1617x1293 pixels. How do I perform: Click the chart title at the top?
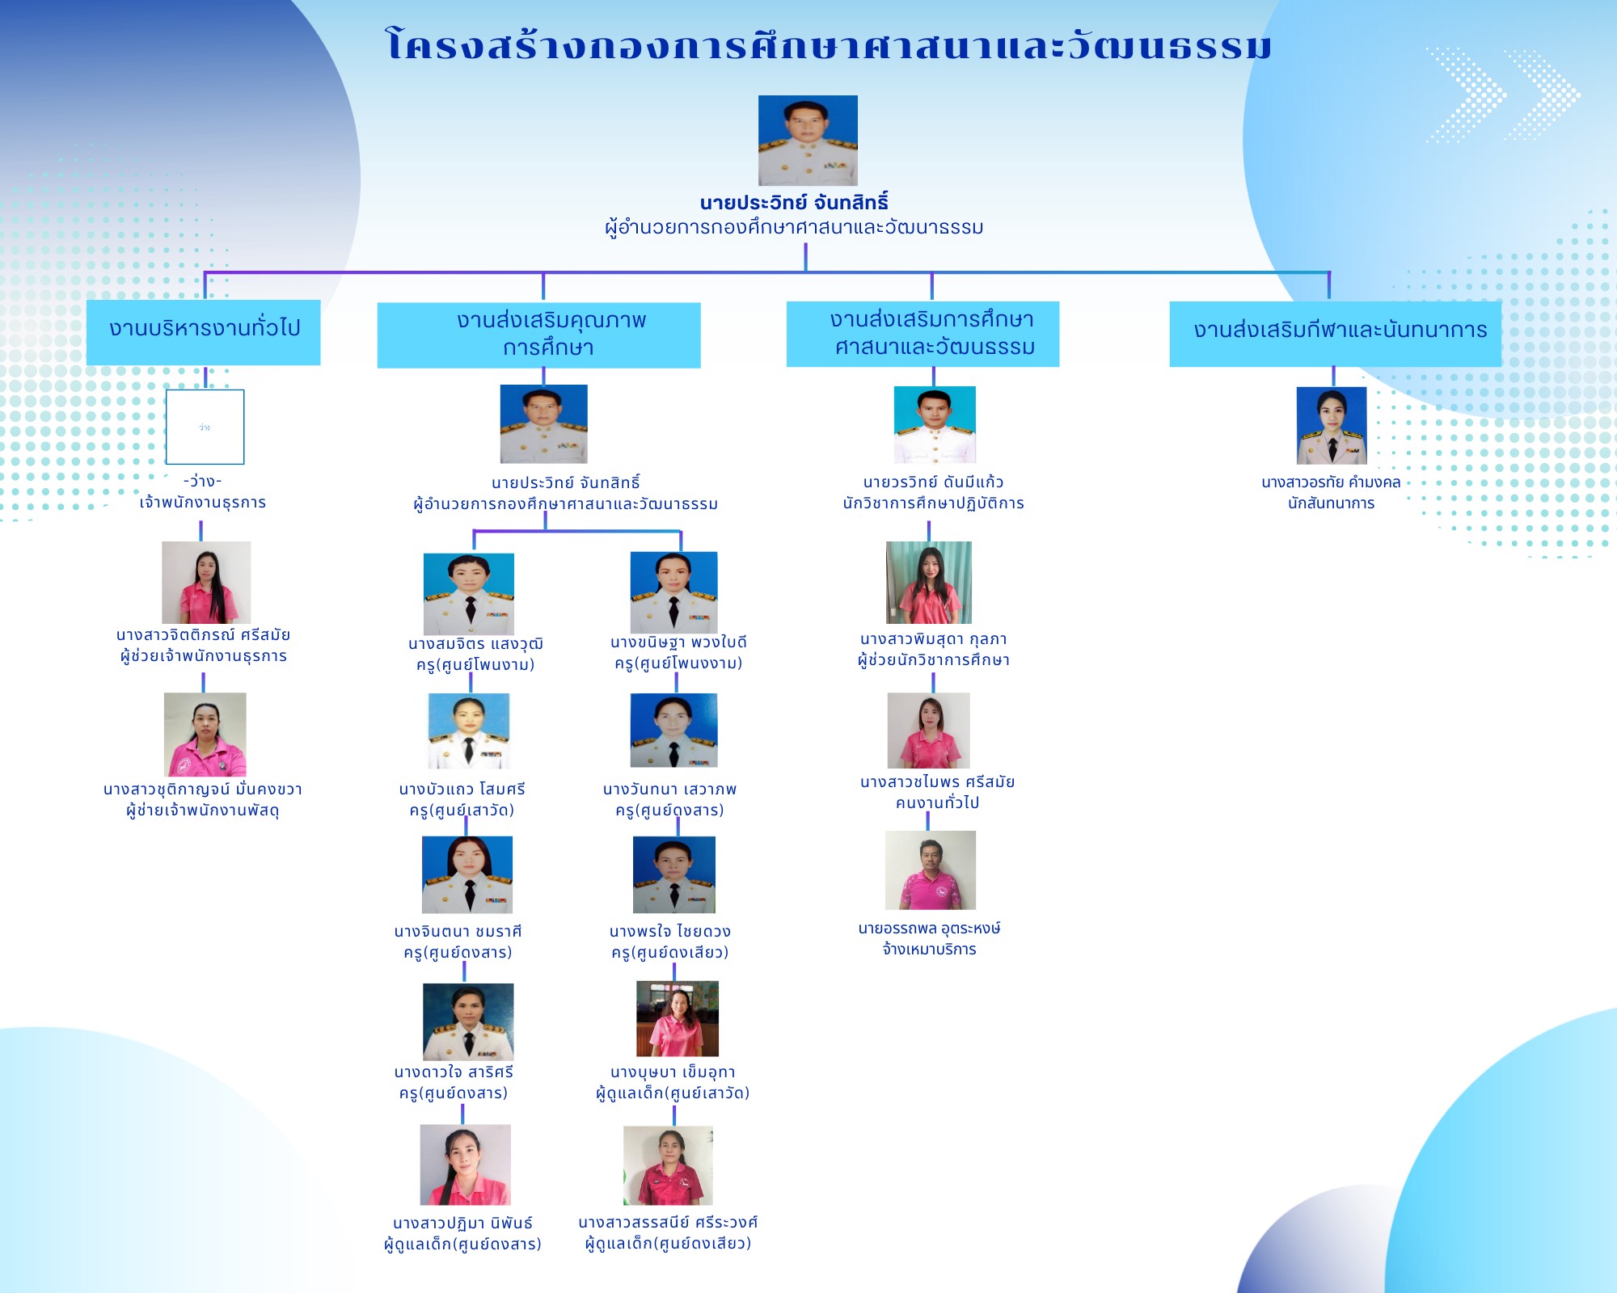pos(829,44)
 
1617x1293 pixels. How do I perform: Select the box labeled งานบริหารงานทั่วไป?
pos(204,332)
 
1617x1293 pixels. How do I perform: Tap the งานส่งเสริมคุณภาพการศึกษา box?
pos(539,335)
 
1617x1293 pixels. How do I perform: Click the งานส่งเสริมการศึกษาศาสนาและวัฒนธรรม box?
pos(923,334)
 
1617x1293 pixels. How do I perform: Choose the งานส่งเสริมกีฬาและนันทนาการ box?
pos(1336,334)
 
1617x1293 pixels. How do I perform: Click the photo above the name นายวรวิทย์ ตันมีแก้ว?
pos(935,424)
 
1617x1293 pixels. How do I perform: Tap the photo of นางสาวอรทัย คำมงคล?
pos(1332,425)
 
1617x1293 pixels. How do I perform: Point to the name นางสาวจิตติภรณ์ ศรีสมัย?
pos(203,635)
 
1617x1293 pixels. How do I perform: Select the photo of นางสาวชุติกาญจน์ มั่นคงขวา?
pos(205,735)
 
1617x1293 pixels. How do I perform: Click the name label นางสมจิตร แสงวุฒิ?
pos(475,644)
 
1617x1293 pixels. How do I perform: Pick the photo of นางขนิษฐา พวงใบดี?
pos(674,592)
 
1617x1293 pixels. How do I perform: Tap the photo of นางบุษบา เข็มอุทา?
pos(678,1019)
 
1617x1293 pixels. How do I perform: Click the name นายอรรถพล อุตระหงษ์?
pos(930,929)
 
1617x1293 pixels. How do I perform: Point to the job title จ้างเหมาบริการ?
pos(930,950)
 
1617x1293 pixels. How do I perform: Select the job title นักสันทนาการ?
pos(1332,503)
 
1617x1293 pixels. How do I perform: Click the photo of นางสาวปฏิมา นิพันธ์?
pos(466,1165)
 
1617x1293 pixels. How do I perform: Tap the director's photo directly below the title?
pos(808,141)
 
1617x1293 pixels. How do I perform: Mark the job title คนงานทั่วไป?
pos(937,802)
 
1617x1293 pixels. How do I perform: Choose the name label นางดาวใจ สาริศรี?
pos(454,1072)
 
